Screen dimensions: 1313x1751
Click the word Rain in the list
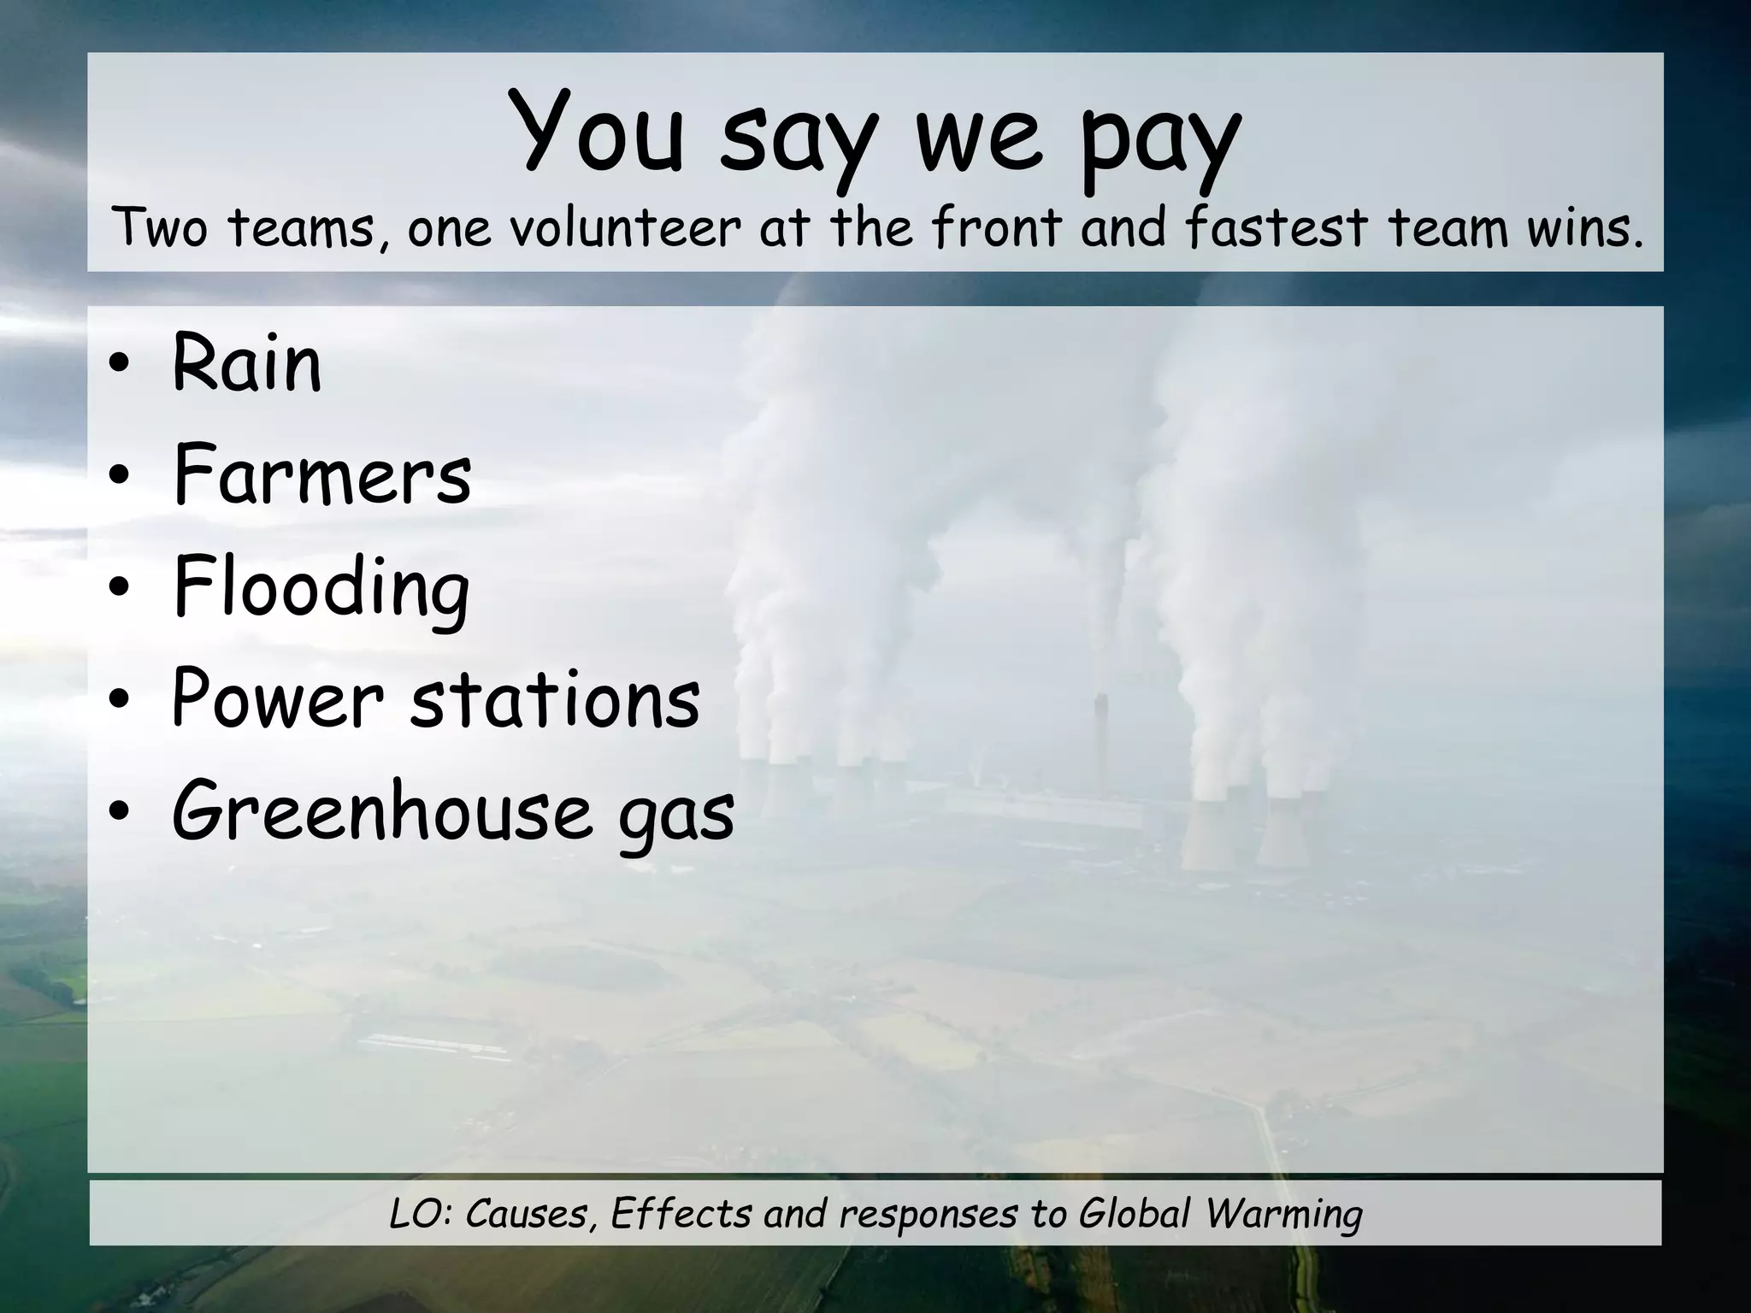[247, 364]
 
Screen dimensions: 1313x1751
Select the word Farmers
[321, 475]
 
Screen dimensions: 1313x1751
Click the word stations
[555, 701]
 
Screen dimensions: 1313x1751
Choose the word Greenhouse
[382, 812]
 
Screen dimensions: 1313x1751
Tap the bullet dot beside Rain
[119, 368]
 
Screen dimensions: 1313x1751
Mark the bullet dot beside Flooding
[119, 590]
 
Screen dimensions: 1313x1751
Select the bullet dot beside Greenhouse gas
[119, 814]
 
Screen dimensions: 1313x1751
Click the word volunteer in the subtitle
[624, 229]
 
